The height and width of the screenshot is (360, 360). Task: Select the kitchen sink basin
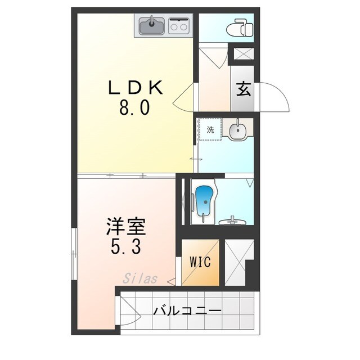tap(151, 25)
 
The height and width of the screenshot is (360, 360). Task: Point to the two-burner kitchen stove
tap(179, 26)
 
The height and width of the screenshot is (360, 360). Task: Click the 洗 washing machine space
tap(210, 129)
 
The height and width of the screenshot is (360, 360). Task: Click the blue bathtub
tap(203, 200)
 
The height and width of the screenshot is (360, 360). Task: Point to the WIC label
tap(200, 263)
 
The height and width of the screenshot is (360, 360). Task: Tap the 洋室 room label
tap(127, 227)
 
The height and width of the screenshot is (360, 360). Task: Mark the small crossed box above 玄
tap(244, 55)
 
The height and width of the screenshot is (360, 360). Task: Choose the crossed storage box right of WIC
tap(239, 263)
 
